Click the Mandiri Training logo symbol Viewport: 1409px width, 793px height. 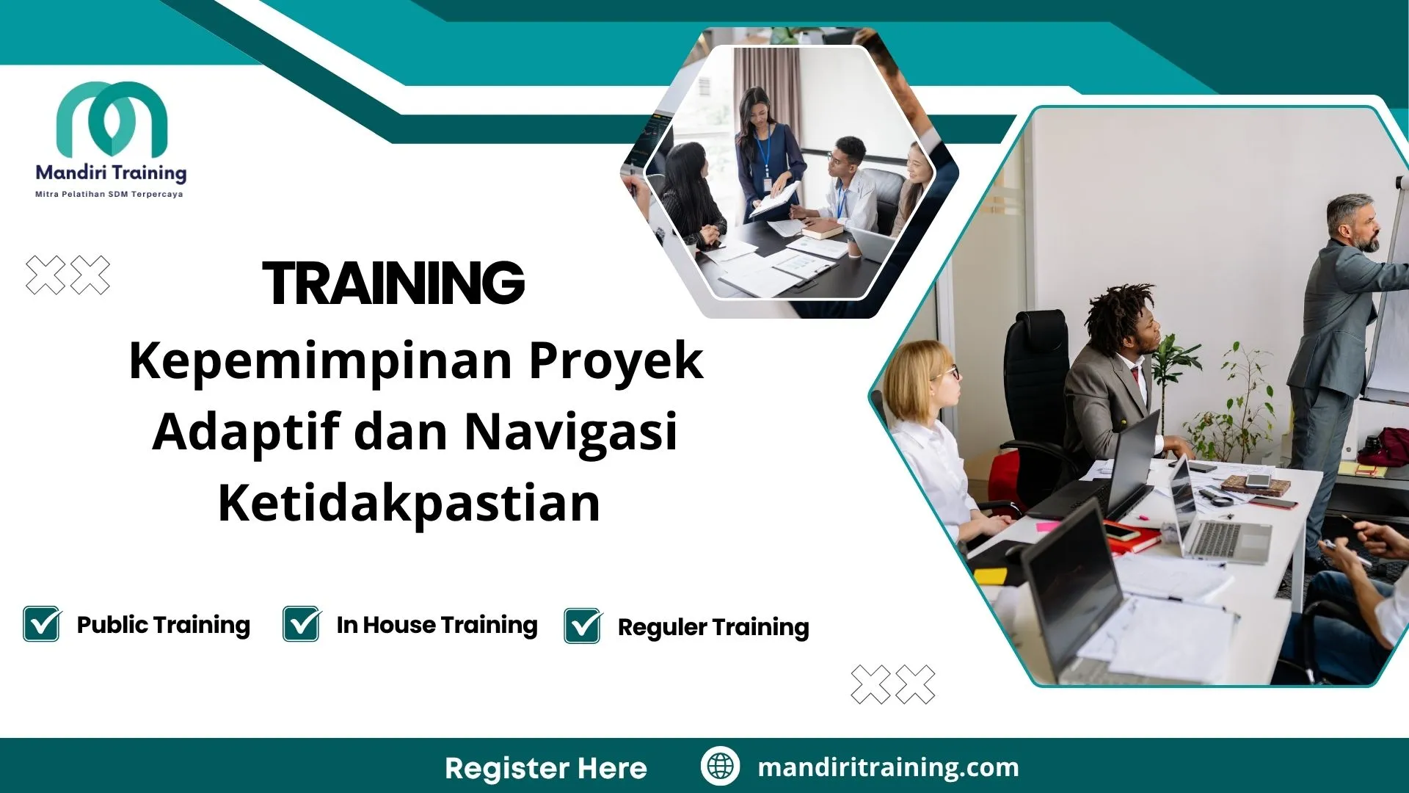tap(112, 117)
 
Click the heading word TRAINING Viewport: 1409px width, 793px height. tap(393, 283)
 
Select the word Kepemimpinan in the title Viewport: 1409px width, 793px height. tap(321, 361)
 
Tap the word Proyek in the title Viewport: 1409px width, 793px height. tap(616, 361)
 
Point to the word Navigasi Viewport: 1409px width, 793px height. tap(571, 432)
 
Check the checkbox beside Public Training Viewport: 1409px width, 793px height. tap(42, 624)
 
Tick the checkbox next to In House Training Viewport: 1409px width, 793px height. tap(302, 624)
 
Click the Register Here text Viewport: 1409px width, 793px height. tap(546, 768)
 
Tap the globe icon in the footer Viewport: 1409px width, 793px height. tap(720, 766)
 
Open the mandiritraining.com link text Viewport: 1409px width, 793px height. tap(888, 767)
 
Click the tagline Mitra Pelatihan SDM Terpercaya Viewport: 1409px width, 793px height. tap(109, 195)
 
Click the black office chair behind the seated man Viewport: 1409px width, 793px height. tap(1035, 367)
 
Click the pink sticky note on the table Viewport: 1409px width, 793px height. tap(1047, 526)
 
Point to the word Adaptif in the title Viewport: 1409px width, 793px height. tap(247, 432)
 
